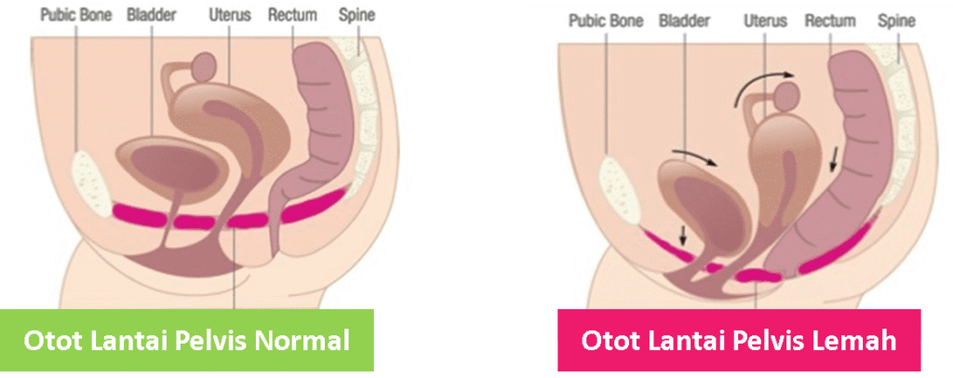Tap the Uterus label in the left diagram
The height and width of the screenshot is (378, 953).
pyautogui.click(x=230, y=15)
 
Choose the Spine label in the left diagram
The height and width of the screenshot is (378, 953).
pyautogui.click(x=356, y=16)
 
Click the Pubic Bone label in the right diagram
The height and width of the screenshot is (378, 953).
pyautogui.click(x=606, y=21)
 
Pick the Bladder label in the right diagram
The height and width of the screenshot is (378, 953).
pyautogui.click(x=684, y=21)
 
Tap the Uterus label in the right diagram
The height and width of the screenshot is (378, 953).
pyautogui.click(x=765, y=21)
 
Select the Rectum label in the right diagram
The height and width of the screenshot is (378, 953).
pyautogui.click(x=830, y=21)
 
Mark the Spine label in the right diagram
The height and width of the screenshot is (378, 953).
pyautogui.click(x=896, y=21)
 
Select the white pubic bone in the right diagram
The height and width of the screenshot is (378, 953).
pyautogui.click(x=620, y=189)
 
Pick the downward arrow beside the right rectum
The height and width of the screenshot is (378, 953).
pyautogui.click(x=834, y=159)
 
